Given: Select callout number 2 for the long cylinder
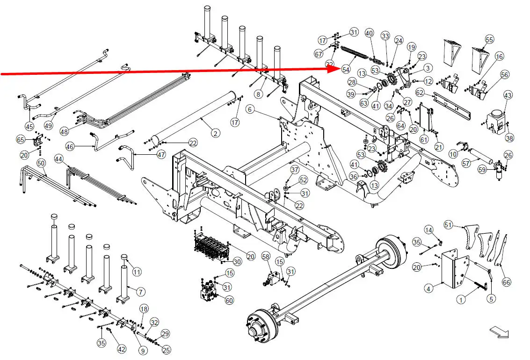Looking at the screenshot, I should [215, 134].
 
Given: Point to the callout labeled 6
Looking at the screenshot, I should [250, 109].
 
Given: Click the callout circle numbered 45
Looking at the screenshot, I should [29, 126].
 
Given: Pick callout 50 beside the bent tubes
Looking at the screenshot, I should [41, 163].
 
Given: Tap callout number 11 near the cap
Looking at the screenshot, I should [137, 272].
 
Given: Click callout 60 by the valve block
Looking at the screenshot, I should [229, 300].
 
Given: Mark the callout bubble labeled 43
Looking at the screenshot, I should [508, 95].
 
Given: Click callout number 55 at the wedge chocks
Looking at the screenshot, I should [489, 39].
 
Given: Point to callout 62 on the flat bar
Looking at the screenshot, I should [420, 93].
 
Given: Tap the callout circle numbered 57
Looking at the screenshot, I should [466, 163].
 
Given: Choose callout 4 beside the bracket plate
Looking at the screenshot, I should [428, 289].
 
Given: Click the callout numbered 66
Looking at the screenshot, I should [506, 282].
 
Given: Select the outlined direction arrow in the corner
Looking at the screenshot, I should [500, 332].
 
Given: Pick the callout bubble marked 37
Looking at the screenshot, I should [294, 169].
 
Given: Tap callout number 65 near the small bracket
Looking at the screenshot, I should [21, 139].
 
